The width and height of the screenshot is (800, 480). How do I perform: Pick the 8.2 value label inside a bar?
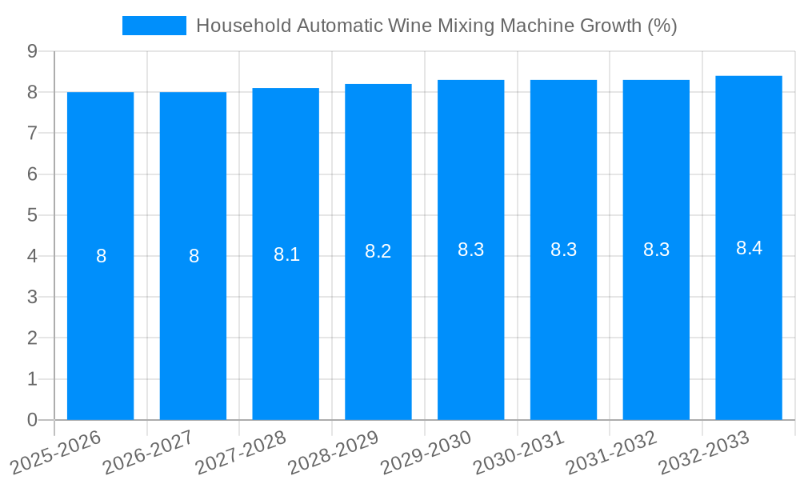pyautogui.click(x=378, y=251)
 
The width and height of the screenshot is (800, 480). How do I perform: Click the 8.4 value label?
pyautogui.click(x=749, y=248)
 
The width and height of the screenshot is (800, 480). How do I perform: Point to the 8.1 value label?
pyautogui.click(x=286, y=254)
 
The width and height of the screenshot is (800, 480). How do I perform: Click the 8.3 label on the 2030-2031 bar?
pyautogui.click(x=563, y=250)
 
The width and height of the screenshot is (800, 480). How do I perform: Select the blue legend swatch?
pyautogui.click(x=154, y=26)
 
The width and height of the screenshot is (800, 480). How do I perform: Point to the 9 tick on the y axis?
pyautogui.click(x=32, y=51)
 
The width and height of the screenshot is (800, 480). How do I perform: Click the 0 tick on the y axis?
pyautogui.click(x=32, y=420)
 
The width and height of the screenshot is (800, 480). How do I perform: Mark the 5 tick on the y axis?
pyautogui.click(x=32, y=215)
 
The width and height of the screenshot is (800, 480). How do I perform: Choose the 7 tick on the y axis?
pyautogui.click(x=32, y=133)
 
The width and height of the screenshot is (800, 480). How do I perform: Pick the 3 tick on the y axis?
pyautogui.click(x=32, y=297)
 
